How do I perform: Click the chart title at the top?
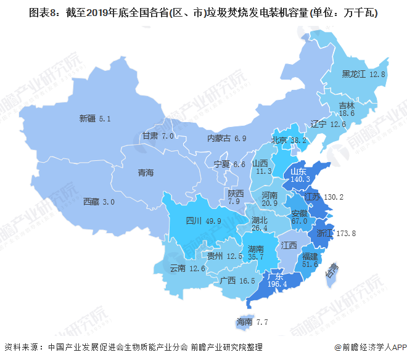click(x=203, y=12)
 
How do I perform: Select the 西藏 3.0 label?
click(x=99, y=202)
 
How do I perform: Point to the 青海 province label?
click(x=145, y=173)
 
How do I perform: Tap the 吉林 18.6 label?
click(x=347, y=109)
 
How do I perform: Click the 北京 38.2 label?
click(x=289, y=141)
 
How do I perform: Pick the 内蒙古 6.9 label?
click(x=226, y=139)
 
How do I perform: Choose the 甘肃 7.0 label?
click(x=158, y=136)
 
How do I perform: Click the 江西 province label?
click(x=288, y=245)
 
